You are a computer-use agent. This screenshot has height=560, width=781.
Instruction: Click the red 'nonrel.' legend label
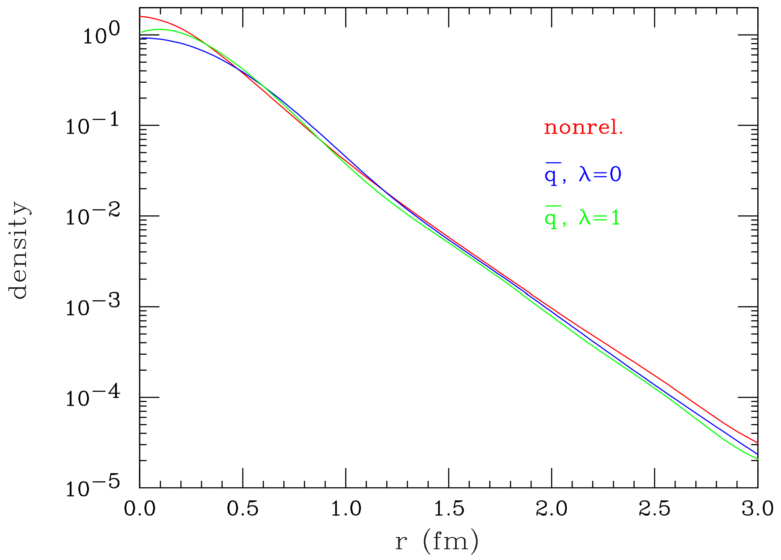[x=583, y=128]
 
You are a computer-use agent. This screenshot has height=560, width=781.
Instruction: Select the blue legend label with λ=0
[x=583, y=174]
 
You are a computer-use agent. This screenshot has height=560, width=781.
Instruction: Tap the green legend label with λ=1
[x=582, y=218]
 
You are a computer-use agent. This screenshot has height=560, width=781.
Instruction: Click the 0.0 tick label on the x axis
[x=140, y=509]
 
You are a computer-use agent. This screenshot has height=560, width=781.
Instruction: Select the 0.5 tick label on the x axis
[x=243, y=509]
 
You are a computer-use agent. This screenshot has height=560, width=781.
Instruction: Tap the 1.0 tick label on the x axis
[x=346, y=509]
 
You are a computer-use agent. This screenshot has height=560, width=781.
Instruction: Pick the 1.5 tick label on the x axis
[x=448, y=509]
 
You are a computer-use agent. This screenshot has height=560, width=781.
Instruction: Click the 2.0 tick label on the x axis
[x=551, y=509]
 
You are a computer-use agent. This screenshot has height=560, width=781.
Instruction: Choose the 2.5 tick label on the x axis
[x=654, y=509]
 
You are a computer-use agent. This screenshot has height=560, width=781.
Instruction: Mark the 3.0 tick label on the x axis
[x=757, y=509]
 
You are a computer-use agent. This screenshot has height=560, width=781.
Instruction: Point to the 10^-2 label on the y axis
[x=93, y=215]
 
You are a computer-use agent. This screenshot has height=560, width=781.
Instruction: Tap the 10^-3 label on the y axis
[x=93, y=306]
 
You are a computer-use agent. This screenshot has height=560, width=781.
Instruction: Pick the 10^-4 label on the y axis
[x=93, y=397]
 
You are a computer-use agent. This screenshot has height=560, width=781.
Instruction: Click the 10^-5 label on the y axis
[x=93, y=487]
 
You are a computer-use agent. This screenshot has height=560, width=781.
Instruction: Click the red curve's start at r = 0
[x=140, y=17]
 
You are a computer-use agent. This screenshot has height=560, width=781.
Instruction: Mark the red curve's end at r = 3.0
[x=757, y=443]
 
